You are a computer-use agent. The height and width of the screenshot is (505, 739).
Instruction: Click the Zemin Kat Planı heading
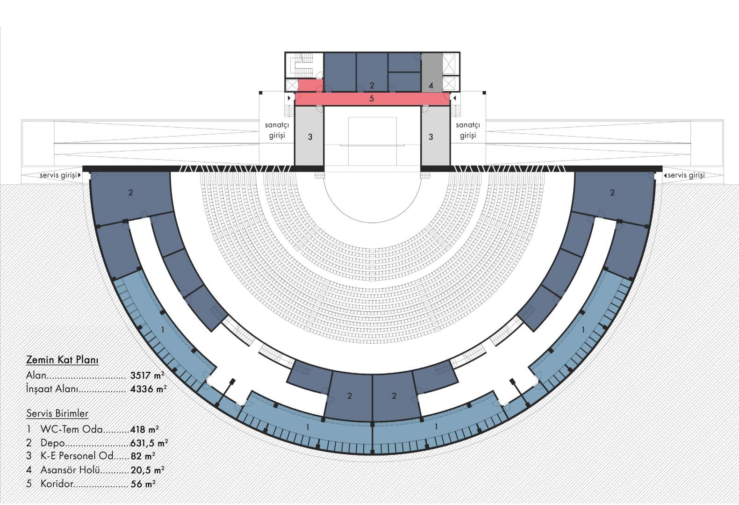(x=62, y=360)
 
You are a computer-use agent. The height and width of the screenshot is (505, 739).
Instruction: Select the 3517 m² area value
(x=147, y=375)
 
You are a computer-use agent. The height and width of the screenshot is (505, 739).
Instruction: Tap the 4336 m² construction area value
(x=148, y=389)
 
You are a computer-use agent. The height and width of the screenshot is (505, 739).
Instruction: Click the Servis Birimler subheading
(x=57, y=413)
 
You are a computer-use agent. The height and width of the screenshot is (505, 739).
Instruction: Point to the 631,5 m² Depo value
(x=149, y=443)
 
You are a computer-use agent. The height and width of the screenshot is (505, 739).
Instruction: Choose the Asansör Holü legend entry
(x=70, y=469)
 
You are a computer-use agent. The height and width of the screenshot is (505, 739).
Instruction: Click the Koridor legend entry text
(x=57, y=483)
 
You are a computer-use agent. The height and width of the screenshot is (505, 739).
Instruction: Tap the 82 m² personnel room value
(x=143, y=456)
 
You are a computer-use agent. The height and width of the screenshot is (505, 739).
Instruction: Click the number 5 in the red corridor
(x=372, y=99)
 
